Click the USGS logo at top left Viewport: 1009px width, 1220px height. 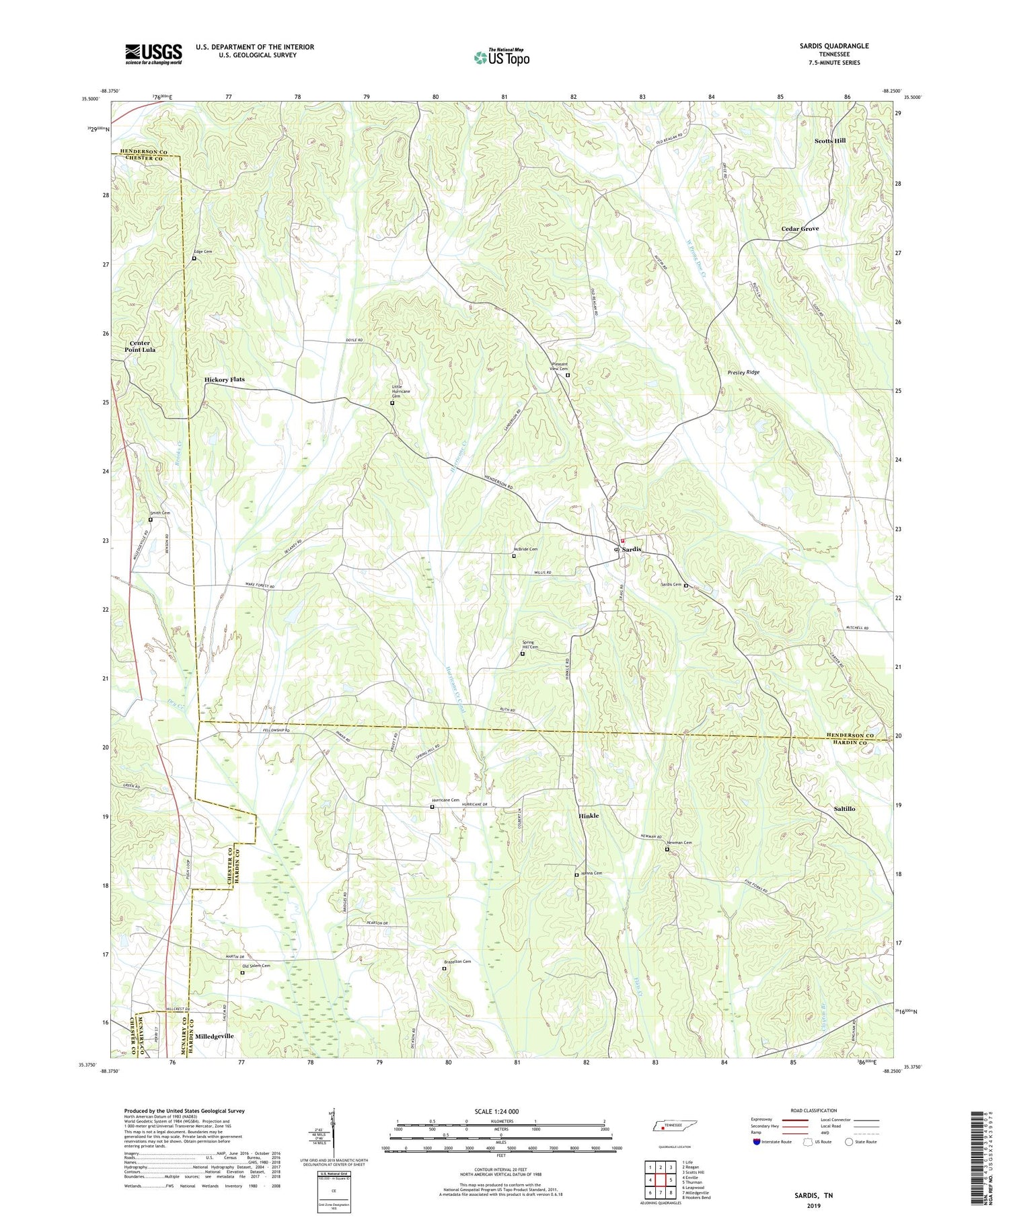pyautogui.click(x=153, y=54)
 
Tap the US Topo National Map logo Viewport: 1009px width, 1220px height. pyautogui.click(x=501, y=57)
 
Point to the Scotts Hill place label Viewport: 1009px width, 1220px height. pyautogui.click(x=830, y=141)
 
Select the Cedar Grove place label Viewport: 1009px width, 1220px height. pyautogui.click(x=800, y=229)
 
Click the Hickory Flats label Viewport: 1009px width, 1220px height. pyautogui.click(x=225, y=380)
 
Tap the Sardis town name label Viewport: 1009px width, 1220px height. pyautogui.click(x=632, y=550)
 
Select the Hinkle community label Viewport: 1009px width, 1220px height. pyautogui.click(x=589, y=816)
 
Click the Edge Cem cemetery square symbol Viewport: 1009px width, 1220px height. pyautogui.click(x=194, y=258)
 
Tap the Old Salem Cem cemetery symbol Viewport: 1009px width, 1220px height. pyautogui.click(x=242, y=972)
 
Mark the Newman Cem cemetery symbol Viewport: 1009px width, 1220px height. pyautogui.click(x=667, y=849)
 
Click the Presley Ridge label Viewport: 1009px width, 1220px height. pyautogui.click(x=743, y=372)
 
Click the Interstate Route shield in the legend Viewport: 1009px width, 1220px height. pyautogui.click(x=756, y=1142)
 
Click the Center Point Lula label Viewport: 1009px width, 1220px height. pyautogui.click(x=141, y=347)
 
